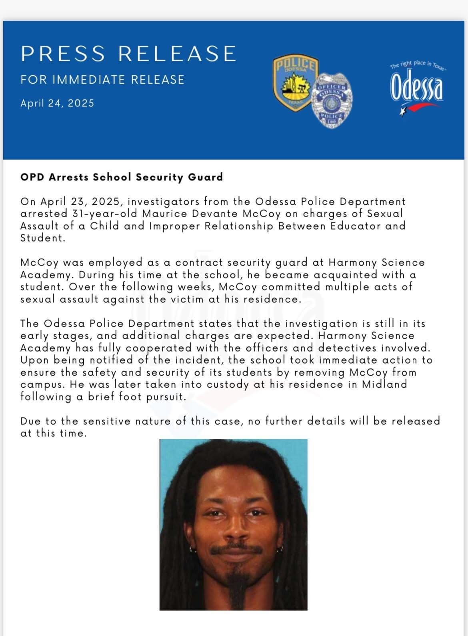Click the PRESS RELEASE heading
point(128,54)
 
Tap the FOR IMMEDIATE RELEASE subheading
point(102,80)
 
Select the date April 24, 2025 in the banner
point(57,103)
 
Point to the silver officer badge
point(330,100)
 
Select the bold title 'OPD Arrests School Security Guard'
point(122,177)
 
